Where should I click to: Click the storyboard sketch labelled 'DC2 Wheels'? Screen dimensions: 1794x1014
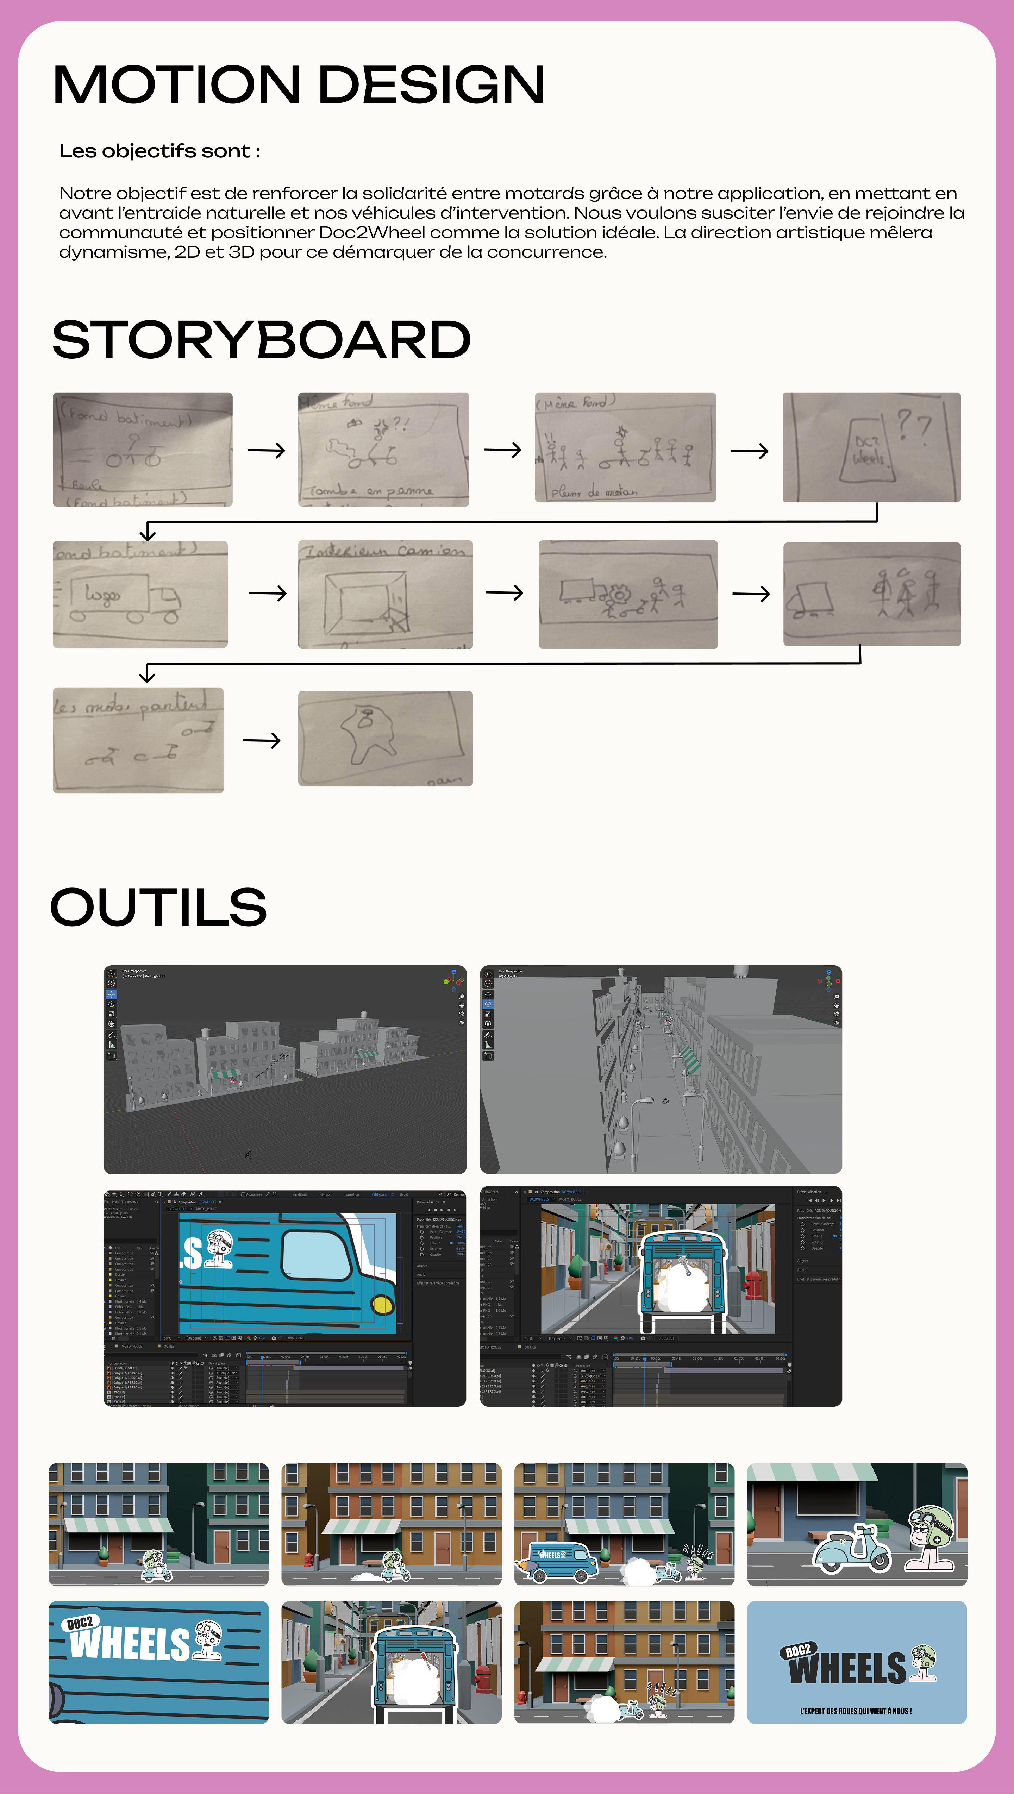(871, 447)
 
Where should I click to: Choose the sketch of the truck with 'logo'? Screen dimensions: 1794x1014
(140, 594)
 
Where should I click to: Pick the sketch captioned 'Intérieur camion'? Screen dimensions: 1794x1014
(385, 594)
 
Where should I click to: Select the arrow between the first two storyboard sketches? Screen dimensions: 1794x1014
(266, 451)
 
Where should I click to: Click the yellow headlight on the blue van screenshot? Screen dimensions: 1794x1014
(382, 1304)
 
